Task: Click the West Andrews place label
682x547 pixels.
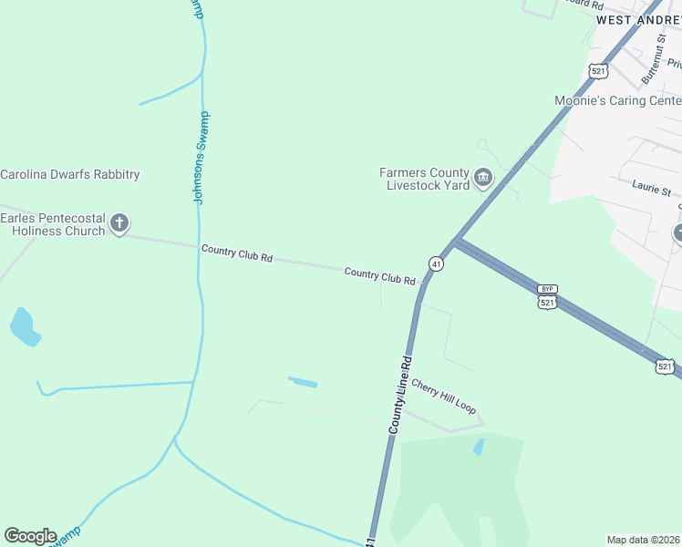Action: point(638,19)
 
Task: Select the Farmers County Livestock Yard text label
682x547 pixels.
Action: point(424,179)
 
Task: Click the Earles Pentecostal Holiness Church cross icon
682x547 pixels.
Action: point(119,223)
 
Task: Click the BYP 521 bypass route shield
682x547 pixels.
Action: point(546,297)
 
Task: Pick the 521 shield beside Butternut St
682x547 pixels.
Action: point(598,70)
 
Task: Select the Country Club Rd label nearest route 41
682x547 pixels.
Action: point(380,275)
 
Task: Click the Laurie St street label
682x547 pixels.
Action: point(651,190)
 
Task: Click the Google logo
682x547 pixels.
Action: point(30,536)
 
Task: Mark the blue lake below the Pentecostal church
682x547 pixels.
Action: point(25,327)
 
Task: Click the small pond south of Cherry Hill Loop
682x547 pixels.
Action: point(479,447)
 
